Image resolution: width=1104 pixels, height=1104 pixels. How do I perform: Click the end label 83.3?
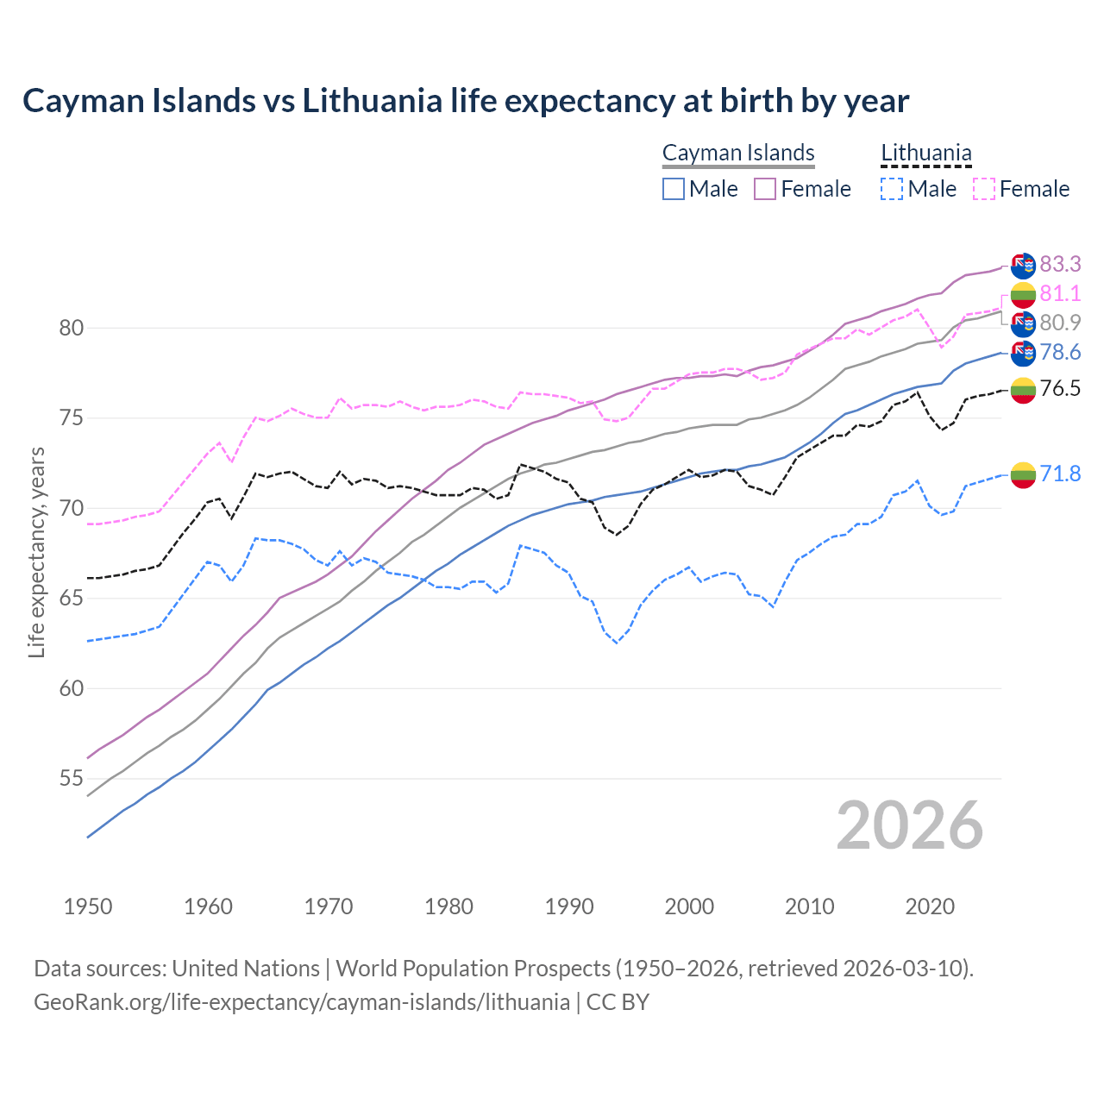[1060, 263]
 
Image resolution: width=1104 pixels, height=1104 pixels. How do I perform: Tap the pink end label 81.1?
[1060, 294]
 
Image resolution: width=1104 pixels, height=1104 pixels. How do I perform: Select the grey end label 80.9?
[1060, 323]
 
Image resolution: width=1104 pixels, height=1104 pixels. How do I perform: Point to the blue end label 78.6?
[1060, 352]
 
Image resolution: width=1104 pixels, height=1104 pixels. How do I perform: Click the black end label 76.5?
[1060, 388]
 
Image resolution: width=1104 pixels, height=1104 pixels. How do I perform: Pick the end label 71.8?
[1060, 474]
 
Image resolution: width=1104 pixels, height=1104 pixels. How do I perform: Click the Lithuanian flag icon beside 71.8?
[1023, 474]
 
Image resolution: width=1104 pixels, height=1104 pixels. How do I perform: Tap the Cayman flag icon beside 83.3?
[1023, 264]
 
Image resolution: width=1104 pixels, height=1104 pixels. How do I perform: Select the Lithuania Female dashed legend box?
[984, 189]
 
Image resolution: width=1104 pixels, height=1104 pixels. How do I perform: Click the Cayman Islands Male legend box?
[674, 189]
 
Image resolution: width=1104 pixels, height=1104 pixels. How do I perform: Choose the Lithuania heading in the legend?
[925, 154]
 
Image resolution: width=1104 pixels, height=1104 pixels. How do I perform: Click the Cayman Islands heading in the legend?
[738, 154]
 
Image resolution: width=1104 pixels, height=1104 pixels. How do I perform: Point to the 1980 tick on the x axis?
[448, 906]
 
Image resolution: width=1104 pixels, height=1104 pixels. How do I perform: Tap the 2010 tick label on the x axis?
[809, 906]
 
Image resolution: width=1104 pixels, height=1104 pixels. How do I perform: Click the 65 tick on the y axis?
[71, 599]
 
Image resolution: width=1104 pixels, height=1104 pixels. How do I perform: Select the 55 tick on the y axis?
[71, 779]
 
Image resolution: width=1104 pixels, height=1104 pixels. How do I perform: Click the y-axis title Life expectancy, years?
[37, 552]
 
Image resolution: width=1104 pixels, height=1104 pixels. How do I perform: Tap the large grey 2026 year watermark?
[910, 826]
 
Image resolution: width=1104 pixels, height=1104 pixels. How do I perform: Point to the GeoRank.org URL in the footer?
[302, 1002]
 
